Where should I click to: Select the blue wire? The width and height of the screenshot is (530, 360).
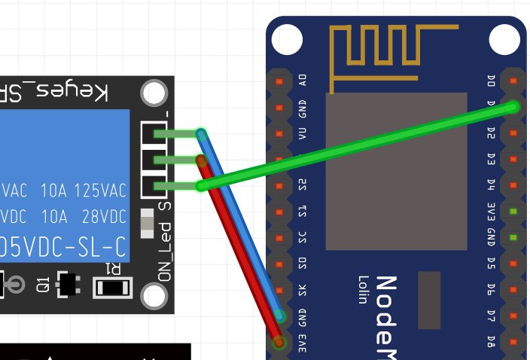click(241, 226)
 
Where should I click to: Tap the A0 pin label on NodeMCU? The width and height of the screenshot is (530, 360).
click(303, 81)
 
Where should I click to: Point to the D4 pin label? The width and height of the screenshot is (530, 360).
click(491, 185)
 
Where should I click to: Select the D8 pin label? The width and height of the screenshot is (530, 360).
click(491, 340)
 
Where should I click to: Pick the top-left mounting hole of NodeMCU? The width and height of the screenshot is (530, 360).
click(287, 38)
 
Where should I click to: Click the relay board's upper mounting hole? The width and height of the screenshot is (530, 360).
click(154, 93)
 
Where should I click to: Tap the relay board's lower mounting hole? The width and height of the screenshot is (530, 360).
click(154, 297)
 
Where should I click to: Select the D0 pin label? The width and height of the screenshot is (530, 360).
click(491, 80)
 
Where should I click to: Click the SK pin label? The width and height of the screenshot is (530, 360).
click(303, 289)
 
